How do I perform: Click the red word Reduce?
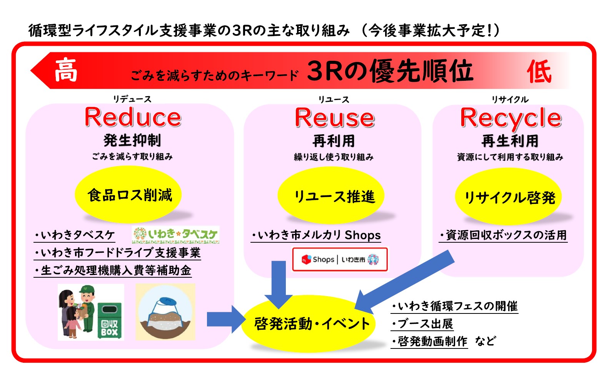tap(133, 117)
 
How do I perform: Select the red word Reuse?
tap(334, 118)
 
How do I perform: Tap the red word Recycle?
tap(511, 118)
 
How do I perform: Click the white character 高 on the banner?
tap(66, 70)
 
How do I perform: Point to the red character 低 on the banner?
tap(539, 72)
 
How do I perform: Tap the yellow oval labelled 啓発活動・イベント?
tap(311, 323)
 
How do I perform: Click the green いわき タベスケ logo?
tap(176, 235)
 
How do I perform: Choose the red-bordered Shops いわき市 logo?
tap(340, 260)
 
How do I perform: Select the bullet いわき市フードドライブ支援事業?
tap(117, 253)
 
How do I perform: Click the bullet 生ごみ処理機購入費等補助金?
tap(112, 270)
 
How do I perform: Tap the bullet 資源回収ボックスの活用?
tap(503, 235)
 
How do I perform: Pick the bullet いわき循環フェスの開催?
tap(454, 306)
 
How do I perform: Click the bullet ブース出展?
tap(422, 324)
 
